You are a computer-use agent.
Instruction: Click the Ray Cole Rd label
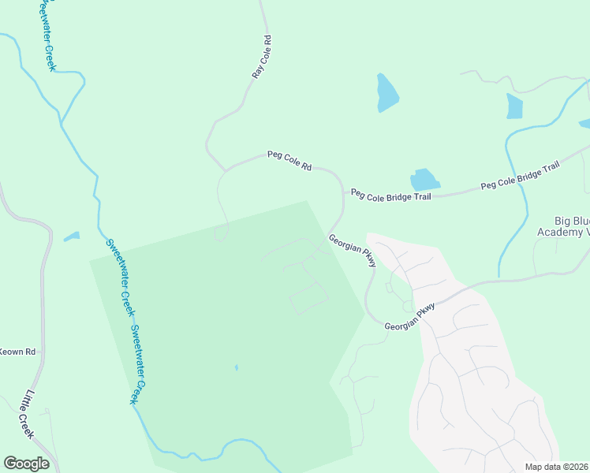(262, 56)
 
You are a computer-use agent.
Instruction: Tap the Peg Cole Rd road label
(289, 161)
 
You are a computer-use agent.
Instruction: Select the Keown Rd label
(18, 352)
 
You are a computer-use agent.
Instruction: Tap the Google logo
(25, 464)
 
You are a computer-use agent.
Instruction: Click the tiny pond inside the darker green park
(236, 367)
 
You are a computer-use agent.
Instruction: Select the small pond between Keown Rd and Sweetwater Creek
(72, 236)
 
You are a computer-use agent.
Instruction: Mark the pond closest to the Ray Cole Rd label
(386, 93)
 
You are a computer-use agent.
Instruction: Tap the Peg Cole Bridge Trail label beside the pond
(391, 194)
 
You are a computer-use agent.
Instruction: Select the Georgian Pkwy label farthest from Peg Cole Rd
(410, 315)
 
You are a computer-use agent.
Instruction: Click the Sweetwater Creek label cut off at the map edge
(45, 35)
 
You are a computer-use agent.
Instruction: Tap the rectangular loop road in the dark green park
(308, 299)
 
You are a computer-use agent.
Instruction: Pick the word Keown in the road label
(10, 352)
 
